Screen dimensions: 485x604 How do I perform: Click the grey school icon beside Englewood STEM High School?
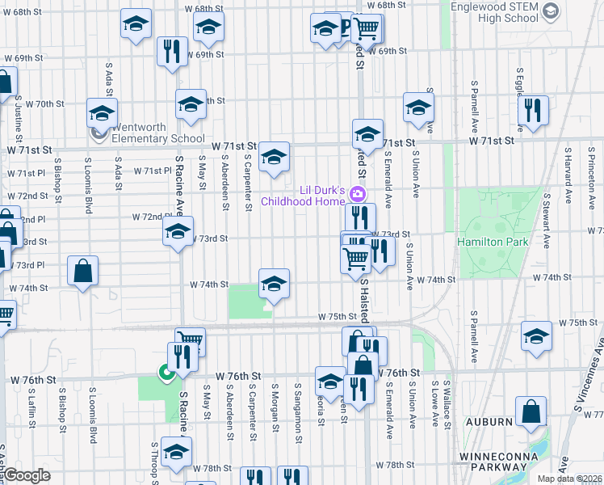pos(551,11)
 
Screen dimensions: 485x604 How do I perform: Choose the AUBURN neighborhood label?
pos(488,422)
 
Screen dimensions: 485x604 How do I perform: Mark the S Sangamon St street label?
pos(298,402)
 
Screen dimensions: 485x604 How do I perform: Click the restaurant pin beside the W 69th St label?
pos(170,53)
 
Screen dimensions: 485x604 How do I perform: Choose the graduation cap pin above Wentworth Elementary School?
pos(103,113)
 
